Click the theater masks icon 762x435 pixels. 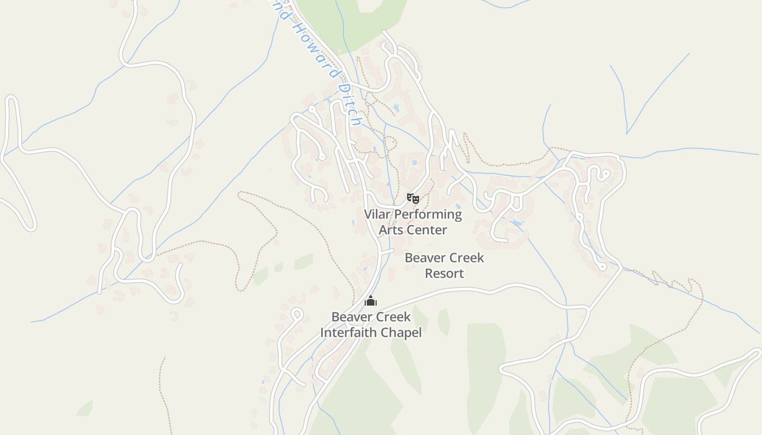point(413,198)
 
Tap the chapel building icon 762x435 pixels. point(371,301)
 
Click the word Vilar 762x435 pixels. point(377,214)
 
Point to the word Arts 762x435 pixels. point(390,230)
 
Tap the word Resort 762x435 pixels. point(444,274)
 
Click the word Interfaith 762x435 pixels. point(345,332)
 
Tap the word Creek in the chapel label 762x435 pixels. point(392,316)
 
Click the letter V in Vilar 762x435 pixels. point(367,214)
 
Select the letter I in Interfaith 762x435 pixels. point(322,332)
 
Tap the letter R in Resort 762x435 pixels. point(429,274)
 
